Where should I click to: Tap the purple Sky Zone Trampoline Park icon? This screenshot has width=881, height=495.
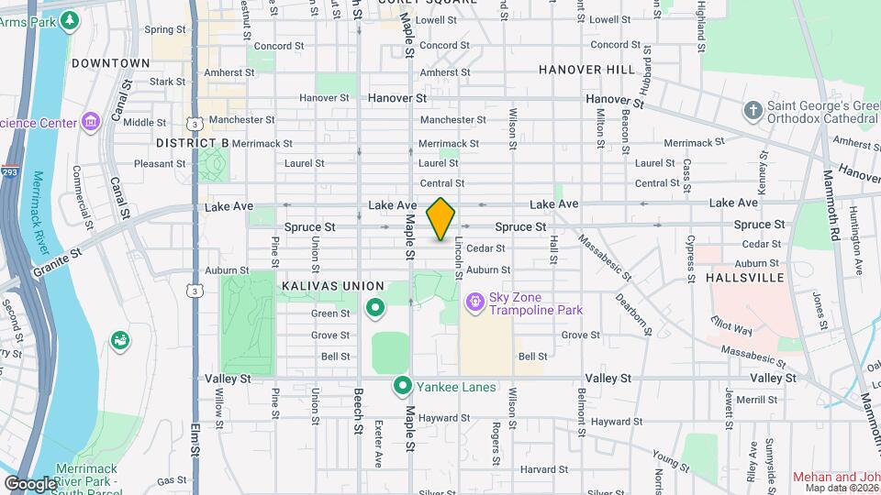point(474,302)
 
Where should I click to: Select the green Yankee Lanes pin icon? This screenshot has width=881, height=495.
point(402,387)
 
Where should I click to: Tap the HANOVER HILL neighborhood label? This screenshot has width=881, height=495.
point(586,70)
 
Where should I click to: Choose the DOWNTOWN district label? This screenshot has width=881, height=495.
point(110,63)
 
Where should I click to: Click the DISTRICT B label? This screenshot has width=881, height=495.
point(192,143)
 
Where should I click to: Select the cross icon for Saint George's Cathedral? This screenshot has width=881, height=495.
point(753,111)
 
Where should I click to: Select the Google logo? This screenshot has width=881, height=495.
point(30,483)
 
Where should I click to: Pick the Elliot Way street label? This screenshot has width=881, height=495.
point(731,324)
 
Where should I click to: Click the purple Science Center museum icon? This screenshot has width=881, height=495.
point(90,122)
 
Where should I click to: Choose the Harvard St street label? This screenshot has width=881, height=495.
point(539,469)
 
